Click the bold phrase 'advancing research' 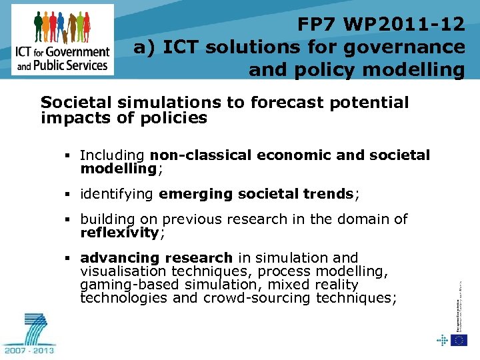tap(156, 258)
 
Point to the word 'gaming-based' tap(123, 285)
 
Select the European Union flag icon tap(459, 340)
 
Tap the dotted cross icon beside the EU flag tap(442, 340)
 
